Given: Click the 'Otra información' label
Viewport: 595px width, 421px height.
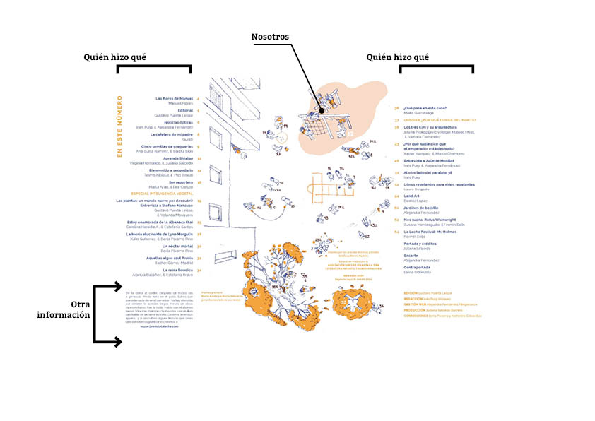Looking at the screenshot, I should coord(64,309).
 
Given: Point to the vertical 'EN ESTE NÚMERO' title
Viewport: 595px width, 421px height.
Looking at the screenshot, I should coord(119,127).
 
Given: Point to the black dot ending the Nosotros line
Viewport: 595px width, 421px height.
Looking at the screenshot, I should coord(320,110).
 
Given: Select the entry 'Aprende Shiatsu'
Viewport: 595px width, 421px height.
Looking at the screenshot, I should coord(177,158).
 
